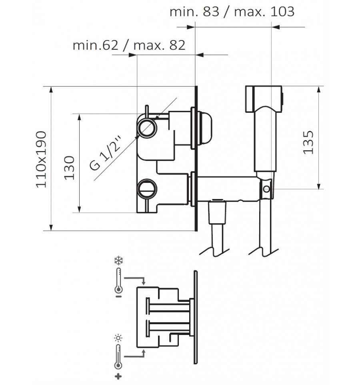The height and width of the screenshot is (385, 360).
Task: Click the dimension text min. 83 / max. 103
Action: (232, 12)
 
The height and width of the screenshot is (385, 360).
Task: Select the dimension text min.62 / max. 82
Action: (129, 45)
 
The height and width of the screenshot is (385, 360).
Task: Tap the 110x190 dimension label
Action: (41, 160)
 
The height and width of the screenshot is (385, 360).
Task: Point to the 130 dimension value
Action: (69, 168)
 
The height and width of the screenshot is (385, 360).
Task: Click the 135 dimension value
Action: (308, 142)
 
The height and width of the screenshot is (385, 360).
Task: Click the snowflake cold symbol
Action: (119, 261)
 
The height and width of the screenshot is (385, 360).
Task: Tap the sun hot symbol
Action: (118, 338)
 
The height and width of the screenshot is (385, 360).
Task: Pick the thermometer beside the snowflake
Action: (118, 281)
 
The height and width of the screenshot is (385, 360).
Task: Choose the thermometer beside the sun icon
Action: (118, 357)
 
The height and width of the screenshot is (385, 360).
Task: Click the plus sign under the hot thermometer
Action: (118, 377)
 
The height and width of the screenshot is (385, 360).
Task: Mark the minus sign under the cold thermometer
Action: (118, 297)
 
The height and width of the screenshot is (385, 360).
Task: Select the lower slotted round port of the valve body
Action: (147, 188)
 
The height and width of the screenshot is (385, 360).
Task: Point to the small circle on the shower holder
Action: (266, 189)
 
